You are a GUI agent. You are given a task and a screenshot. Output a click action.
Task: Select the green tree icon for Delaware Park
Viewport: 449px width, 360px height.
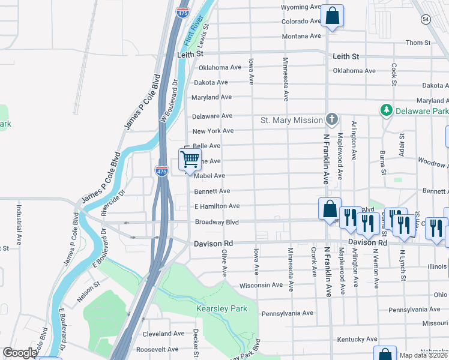(387, 110)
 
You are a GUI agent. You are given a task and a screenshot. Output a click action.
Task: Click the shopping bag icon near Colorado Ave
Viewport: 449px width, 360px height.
(332, 16)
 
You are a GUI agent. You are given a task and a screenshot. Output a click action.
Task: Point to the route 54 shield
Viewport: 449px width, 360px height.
(426, 20)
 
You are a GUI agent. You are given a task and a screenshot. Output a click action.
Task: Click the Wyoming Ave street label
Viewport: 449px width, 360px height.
(301, 8)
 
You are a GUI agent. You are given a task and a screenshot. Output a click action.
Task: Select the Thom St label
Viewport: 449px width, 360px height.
(418, 43)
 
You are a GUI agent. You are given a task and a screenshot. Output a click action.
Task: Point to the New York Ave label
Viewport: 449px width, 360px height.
(212, 131)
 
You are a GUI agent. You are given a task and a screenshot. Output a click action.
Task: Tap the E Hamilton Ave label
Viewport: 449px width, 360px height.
(217, 206)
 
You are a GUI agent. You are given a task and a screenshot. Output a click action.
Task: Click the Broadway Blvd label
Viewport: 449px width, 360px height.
(217, 222)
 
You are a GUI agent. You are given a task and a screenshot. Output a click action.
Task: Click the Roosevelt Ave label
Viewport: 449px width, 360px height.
(157, 349)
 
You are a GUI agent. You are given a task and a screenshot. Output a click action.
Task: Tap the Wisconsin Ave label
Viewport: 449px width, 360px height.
(261, 286)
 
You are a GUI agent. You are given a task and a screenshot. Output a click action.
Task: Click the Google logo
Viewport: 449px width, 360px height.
(20, 353)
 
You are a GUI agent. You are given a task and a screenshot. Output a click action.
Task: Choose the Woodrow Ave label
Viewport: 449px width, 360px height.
(433, 164)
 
